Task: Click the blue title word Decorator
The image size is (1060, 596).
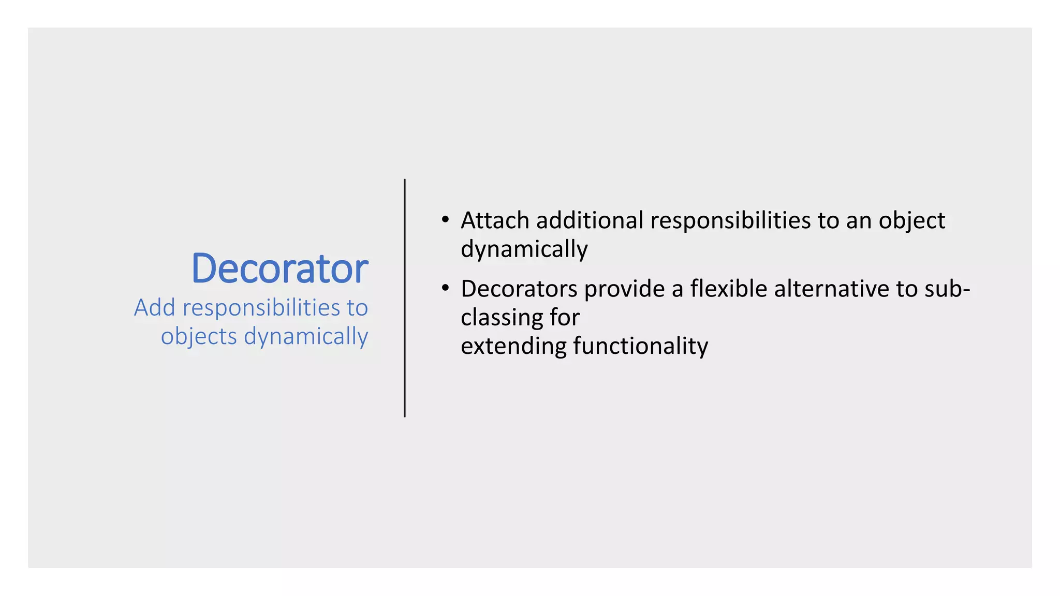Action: tap(279, 269)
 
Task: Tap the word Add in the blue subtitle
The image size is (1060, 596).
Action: tap(154, 308)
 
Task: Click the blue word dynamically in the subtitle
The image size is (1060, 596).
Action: tap(306, 337)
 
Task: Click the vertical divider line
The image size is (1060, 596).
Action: tap(405, 298)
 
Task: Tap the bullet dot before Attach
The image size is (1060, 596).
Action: tap(445, 220)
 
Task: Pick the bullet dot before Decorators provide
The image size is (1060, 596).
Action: tap(445, 288)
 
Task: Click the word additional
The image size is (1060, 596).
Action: tap(590, 221)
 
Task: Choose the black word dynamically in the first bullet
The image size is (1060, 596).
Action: tap(524, 250)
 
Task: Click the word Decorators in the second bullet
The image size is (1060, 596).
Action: tap(519, 289)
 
